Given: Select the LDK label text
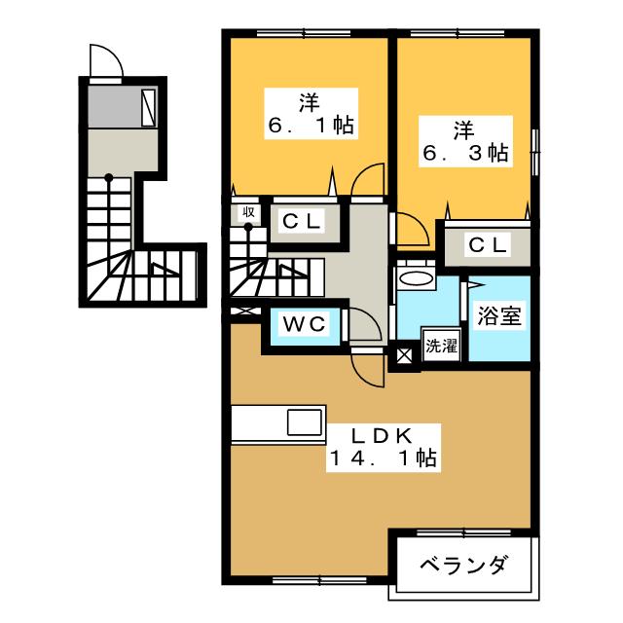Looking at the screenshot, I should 374,433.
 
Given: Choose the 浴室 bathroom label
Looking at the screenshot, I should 498,317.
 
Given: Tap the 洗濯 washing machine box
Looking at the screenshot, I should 439,345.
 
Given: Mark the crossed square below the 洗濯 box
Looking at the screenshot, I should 401,357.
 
